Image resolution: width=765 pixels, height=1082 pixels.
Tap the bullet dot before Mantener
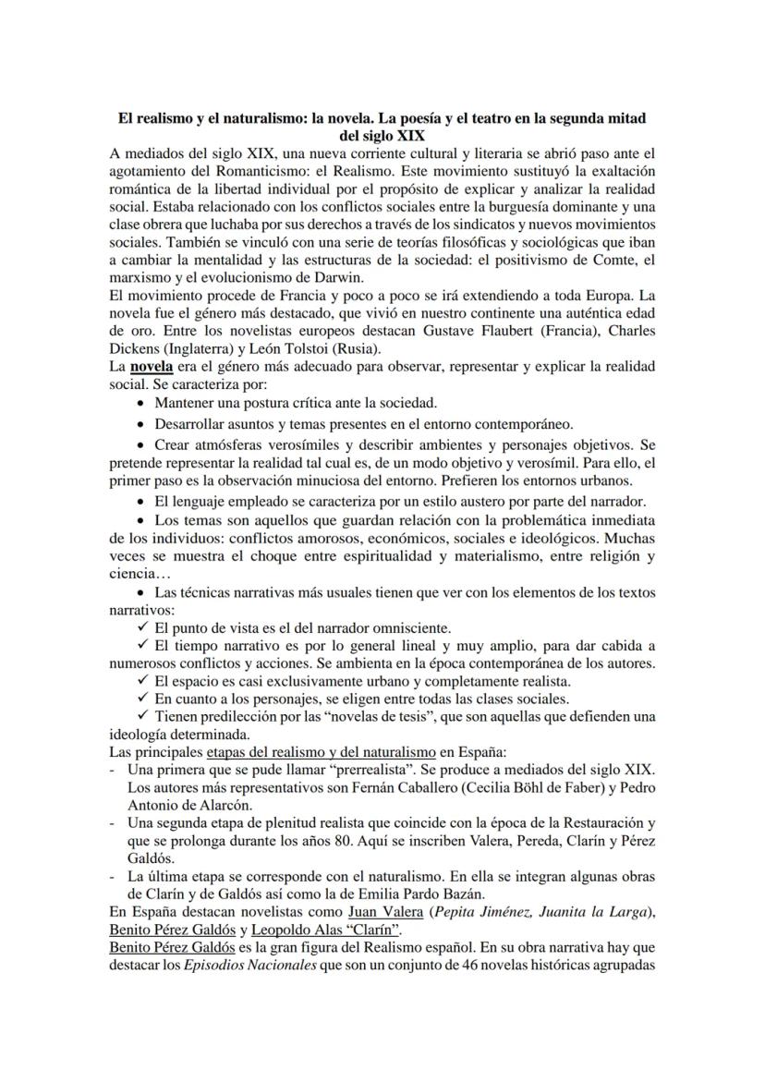tap(140, 403)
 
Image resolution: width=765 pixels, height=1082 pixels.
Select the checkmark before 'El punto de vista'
tap(141, 626)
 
